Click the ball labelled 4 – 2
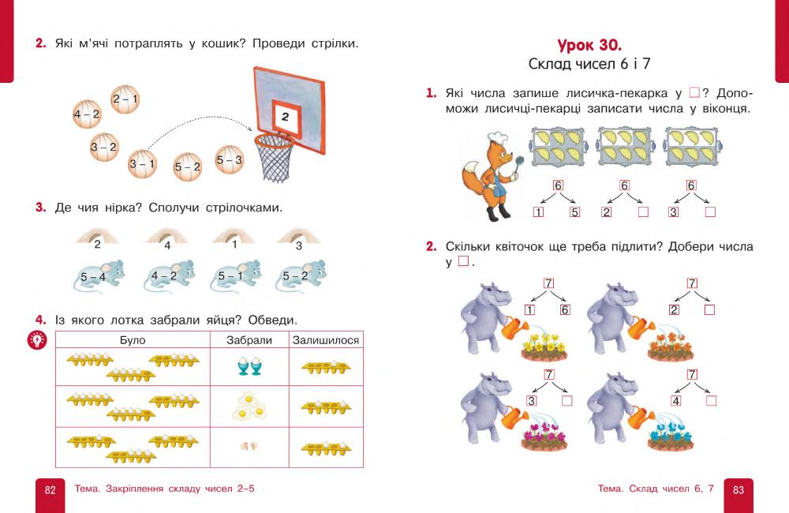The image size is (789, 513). (x=87, y=114)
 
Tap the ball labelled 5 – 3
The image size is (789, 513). (x=230, y=159)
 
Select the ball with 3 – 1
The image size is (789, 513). (x=143, y=163)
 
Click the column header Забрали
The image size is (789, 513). (x=249, y=340)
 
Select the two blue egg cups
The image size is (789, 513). (x=249, y=366)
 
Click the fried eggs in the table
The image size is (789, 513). (x=249, y=406)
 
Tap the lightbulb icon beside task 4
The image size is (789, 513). (x=37, y=340)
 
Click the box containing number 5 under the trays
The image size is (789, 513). (x=574, y=212)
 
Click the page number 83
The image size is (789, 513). (x=739, y=490)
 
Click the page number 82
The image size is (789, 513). (x=50, y=490)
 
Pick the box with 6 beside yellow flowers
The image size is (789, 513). (x=564, y=310)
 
